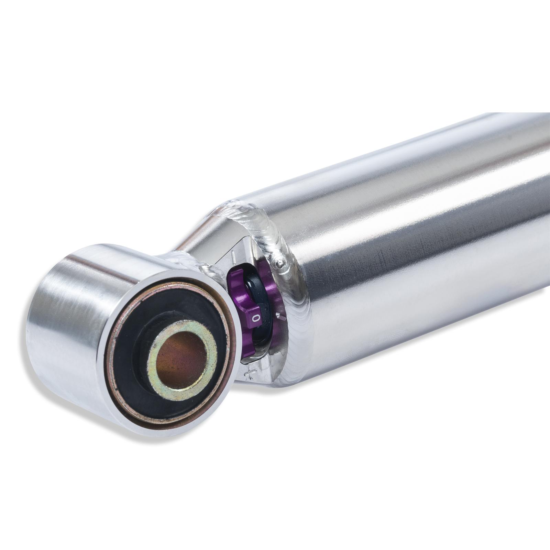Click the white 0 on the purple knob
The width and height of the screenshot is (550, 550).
255,318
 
